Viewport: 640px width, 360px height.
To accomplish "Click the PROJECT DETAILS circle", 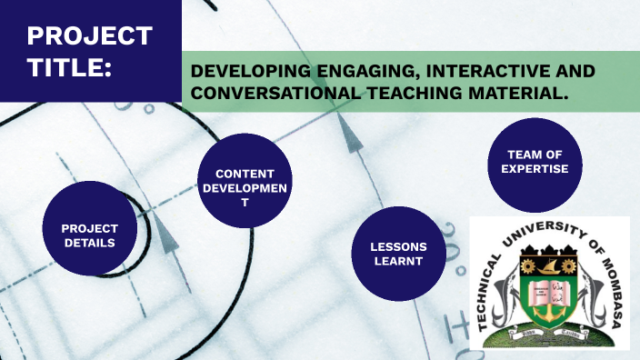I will [88, 235].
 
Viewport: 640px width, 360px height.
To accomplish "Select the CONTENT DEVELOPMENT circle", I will [245, 187].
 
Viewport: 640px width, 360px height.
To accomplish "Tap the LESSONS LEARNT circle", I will [398, 255].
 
